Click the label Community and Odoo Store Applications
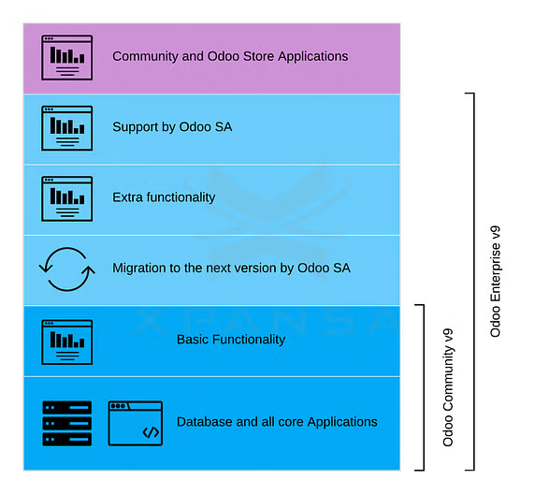(x=230, y=56)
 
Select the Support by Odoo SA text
(x=172, y=127)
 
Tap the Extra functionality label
(x=164, y=197)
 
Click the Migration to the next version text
(x=231, y=268)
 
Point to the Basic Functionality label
(x=231, y=340)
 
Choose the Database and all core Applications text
(x=277, y=422)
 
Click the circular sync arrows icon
(x=66, y=269)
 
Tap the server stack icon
(x=67, y=423)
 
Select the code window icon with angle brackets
(x=136, y=423)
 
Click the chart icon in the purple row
(x=67, y=57)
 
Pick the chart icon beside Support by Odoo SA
(x=67, y=128)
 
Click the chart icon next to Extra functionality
(x=67, y=198)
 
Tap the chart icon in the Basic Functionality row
(x=67, y=341)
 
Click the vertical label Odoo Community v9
(x=448, y=386)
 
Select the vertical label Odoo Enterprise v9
(x=496, y=281)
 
